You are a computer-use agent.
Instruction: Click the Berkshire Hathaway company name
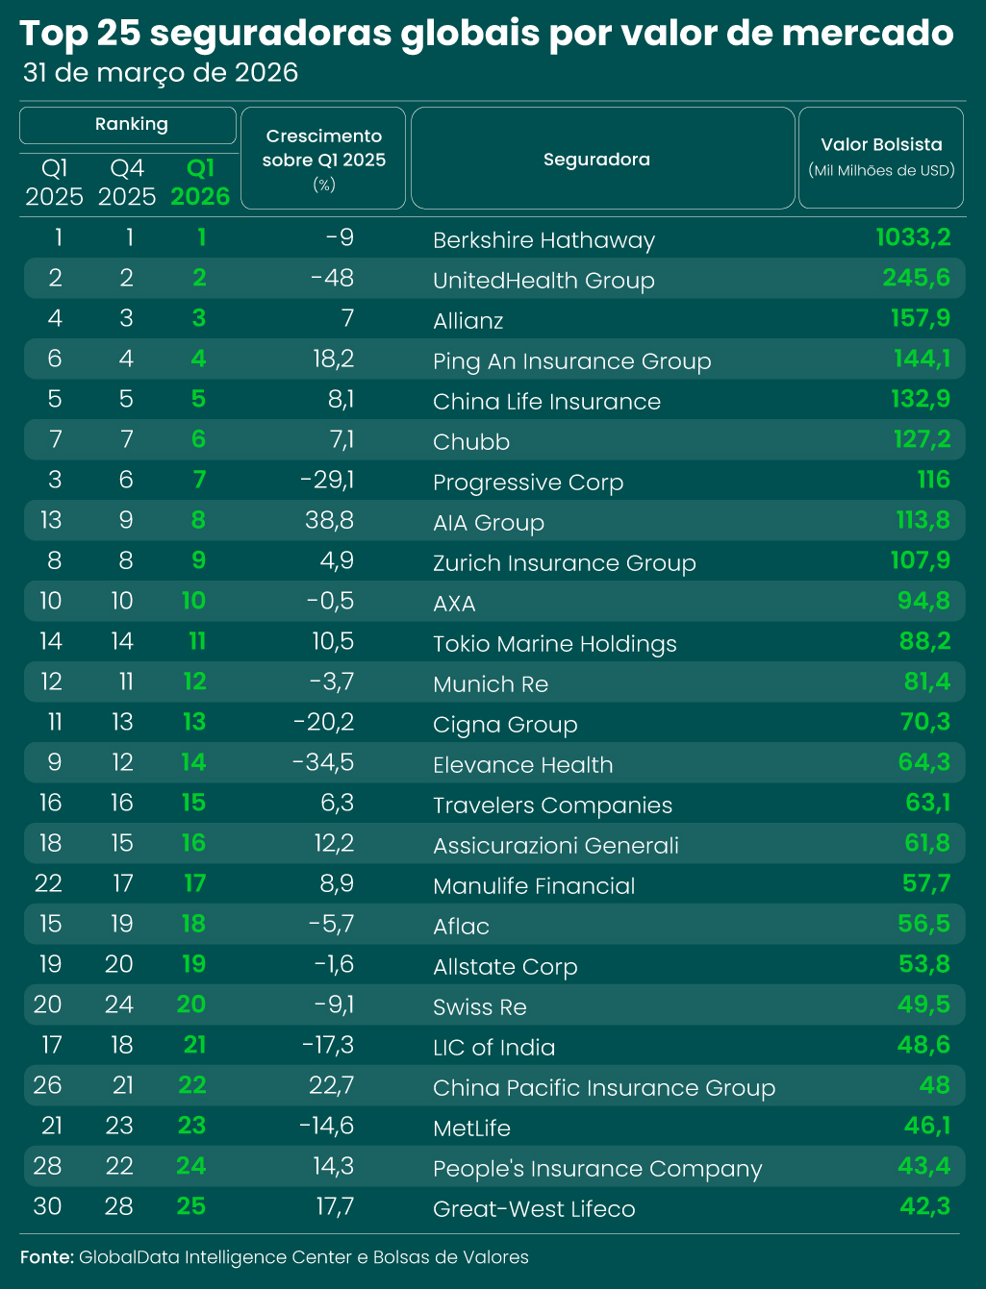click(544, 240)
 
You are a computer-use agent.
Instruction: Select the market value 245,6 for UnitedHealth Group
click(916, 278)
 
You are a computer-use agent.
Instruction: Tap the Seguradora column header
click(596, 160)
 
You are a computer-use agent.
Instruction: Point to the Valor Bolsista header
click(881, 144)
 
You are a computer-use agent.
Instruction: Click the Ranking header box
click(128, 125)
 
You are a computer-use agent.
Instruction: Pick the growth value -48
click(332, 278)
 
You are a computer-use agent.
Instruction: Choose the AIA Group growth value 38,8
click(329, 520)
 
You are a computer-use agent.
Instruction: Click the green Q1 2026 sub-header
click(200, 183)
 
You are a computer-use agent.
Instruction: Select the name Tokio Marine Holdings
click(555, 644)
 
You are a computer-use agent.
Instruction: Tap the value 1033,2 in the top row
click(913, 237)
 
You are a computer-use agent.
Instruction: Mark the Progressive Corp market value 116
click(934, 480)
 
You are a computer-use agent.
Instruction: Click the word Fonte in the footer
click(47, 1256)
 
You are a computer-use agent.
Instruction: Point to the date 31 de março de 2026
click(161, 73)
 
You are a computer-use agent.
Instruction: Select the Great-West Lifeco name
click(534, 1208)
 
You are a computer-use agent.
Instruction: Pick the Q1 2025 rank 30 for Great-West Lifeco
click(47, 1206)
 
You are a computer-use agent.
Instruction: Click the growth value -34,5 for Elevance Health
click(323, 762)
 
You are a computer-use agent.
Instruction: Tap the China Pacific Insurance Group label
click(604, 1088)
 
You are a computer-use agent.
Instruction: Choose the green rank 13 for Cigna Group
click(194, 722)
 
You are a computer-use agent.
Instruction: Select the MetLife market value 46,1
click(927, 1126)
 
